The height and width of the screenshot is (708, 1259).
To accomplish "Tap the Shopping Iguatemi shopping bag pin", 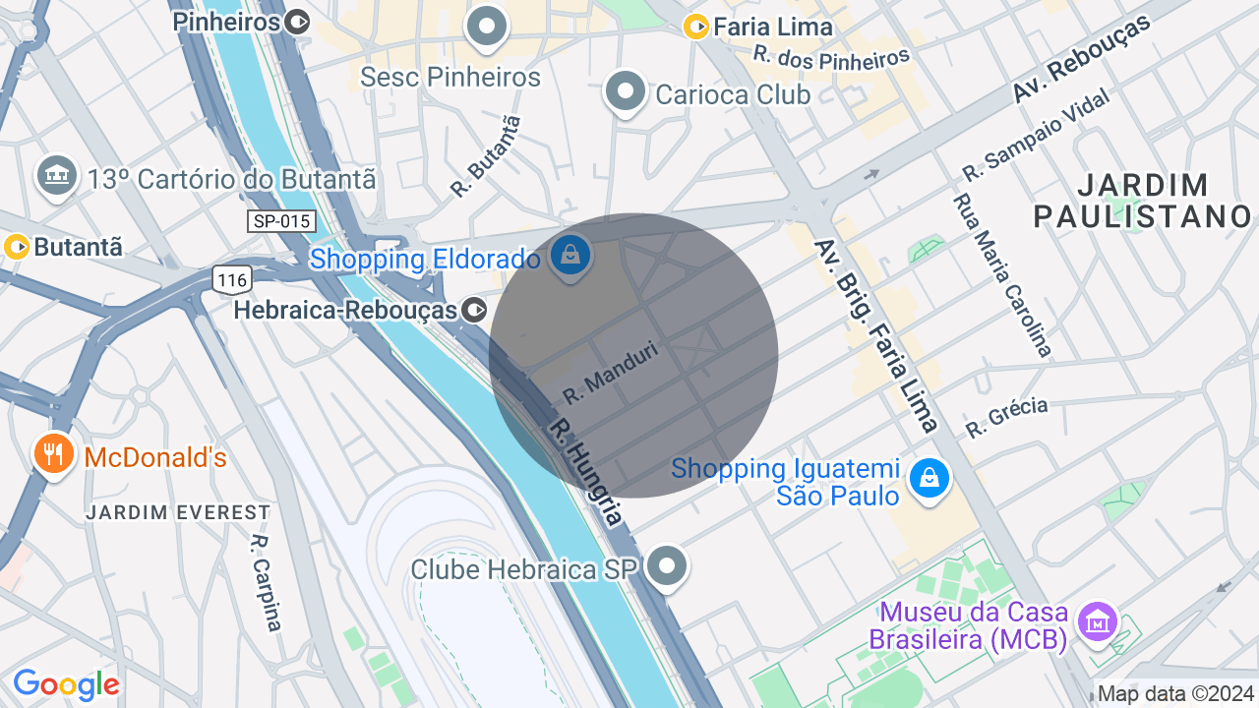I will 929,479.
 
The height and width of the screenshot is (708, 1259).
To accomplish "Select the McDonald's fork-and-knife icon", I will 54,454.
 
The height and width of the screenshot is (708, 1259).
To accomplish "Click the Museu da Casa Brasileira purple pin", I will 1097,620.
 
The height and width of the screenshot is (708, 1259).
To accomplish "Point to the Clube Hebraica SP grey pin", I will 669,566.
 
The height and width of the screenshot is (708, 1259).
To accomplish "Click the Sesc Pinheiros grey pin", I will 486,27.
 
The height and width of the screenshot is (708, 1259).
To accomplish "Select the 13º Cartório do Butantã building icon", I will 57,176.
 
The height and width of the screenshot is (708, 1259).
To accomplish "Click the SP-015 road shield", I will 281,221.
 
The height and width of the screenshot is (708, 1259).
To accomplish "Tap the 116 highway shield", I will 232,280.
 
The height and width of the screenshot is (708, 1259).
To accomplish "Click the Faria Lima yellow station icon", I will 696,28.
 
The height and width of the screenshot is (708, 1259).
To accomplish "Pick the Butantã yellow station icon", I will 17,246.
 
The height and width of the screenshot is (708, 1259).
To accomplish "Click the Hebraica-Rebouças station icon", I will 474,311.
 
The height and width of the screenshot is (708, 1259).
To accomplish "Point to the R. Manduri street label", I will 610,372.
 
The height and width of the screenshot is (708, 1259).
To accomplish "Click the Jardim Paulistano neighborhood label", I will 1142,200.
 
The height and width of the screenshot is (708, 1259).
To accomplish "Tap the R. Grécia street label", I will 1006,417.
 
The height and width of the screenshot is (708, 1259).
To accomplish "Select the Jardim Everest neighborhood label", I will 177,512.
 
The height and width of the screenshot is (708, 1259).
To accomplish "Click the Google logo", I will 66,684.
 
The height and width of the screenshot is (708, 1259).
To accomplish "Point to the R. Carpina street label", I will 266,582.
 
